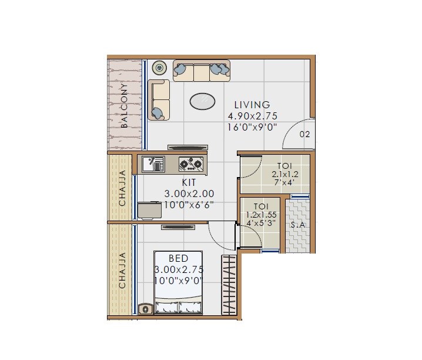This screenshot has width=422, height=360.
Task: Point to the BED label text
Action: [x=178, y=258]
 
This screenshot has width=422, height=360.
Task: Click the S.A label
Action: [x=297, y=225]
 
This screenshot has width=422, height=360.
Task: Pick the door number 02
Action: [x=304, y=134]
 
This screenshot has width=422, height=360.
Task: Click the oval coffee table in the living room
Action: [x=202, y=101]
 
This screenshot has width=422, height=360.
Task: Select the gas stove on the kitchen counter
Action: [x=191, y=163]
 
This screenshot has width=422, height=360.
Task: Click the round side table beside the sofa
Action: [x=159, y=68]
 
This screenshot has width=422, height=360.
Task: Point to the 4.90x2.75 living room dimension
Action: [x=252, y=116]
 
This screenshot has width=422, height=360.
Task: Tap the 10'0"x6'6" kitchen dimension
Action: [x=189, y=204]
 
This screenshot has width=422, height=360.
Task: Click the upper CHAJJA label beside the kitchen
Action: [x=123, y=188]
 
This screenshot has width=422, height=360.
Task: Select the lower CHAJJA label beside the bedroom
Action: [x=123, y=270]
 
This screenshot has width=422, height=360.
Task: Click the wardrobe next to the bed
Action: [x=228, y=285]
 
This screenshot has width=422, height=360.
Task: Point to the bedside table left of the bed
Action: [x=145, y=308]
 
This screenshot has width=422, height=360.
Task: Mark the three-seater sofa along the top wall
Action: [x=201, y=71]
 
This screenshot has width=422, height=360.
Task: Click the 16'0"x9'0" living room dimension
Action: [x=252, y=126]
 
